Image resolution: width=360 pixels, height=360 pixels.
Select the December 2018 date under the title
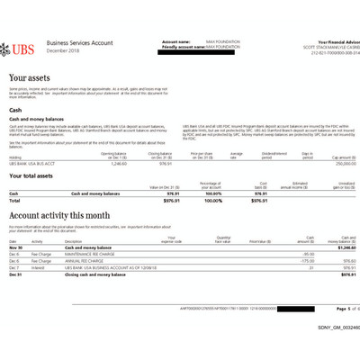(x=63, y=49)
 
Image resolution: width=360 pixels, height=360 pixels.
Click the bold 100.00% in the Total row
(x=211, y=201)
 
